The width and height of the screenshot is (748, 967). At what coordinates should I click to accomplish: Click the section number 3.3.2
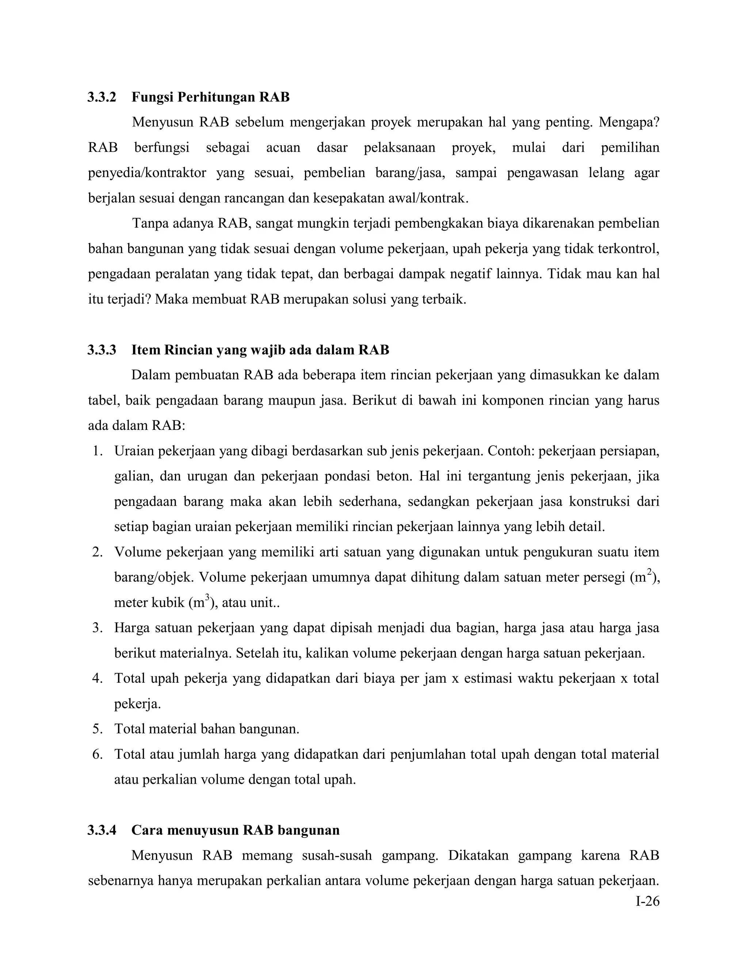pos(102,97)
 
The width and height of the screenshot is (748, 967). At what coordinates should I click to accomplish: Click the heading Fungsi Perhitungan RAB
pos(210,97)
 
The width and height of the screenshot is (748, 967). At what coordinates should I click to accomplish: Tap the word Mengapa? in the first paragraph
pos(629,122)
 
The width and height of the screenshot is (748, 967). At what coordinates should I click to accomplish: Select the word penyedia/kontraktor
pos(147,173)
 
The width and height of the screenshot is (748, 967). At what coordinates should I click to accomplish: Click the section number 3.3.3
pos(102,350)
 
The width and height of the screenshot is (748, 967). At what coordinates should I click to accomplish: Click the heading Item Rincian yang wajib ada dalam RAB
pos(260,350)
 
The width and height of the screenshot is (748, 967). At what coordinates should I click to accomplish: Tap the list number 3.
pos(98,628)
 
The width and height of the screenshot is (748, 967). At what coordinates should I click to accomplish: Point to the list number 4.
pos(98,678)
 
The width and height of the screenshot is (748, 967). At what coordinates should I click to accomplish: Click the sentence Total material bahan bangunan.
pos(206,729)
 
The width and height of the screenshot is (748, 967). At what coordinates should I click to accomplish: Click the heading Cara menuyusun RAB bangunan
pos(235,830)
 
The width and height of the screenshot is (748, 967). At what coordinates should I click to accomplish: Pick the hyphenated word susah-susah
pos(337,855)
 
